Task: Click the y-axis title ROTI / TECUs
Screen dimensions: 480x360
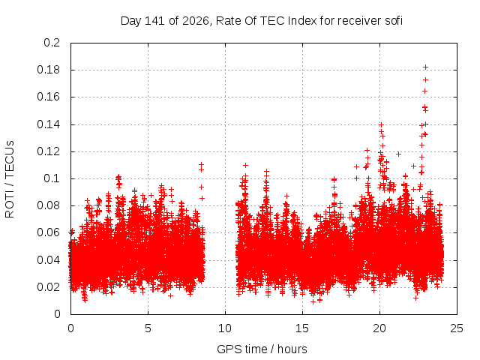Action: (x=10, y=179)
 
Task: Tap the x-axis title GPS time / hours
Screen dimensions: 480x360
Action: (x=262, y=349)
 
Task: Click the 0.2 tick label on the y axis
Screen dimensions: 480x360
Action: (x=52, y=43)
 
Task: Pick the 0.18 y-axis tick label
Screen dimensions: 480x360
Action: (x=48, y=70)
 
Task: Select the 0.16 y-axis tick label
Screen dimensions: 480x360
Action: (x=48, y=97)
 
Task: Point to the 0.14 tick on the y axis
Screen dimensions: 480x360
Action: (x=48, y=124)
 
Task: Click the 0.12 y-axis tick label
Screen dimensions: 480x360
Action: (x=48, y=151)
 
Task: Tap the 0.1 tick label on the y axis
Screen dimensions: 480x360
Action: (x=52, y=178)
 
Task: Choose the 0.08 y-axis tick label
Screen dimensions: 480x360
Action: (x=48, y=205)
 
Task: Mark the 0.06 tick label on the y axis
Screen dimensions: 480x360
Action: (x=48, y=232)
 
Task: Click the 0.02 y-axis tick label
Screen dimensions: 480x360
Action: (x=48, y=287)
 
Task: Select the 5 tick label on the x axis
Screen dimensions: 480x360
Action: (x=148, y=328)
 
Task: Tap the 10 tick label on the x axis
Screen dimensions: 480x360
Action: (x=225, y=328)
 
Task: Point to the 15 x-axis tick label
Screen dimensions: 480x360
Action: (x=302, y=328)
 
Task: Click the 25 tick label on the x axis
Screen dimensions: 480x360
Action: (x=457, y=328)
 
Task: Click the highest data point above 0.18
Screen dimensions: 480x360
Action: (x=425, y=67)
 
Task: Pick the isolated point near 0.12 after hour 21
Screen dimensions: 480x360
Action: (x=398, y=154)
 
